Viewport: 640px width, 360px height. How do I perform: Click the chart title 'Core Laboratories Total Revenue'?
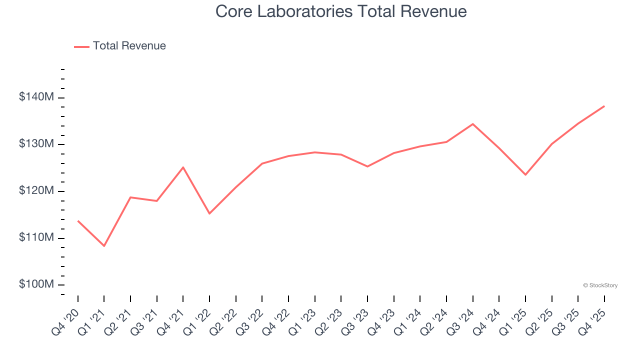[x=341, y=11]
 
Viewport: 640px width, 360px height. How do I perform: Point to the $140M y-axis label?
[x=36, y=97]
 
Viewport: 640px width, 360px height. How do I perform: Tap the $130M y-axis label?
[x=36, y=144]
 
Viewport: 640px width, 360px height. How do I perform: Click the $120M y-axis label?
[x=36, y=191]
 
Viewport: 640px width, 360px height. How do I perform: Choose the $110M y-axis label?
[x=36, y=237]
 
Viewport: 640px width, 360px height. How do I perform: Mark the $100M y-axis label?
[x=36, y=284]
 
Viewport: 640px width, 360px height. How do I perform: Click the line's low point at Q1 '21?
[x=104, y=246]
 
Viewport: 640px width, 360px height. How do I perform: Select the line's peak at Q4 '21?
[x=183, y=167]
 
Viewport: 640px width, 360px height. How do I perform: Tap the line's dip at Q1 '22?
[x=209, y=213]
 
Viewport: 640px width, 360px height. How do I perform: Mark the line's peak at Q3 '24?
[x=472, y=124]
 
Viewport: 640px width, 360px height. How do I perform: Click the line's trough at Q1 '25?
[x=525, y=174]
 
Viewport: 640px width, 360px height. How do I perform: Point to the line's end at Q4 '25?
[x=604, y=106]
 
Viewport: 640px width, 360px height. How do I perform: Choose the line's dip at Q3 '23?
[x=367, y=166]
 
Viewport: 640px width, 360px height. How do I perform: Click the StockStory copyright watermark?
[x=600, y=285]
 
